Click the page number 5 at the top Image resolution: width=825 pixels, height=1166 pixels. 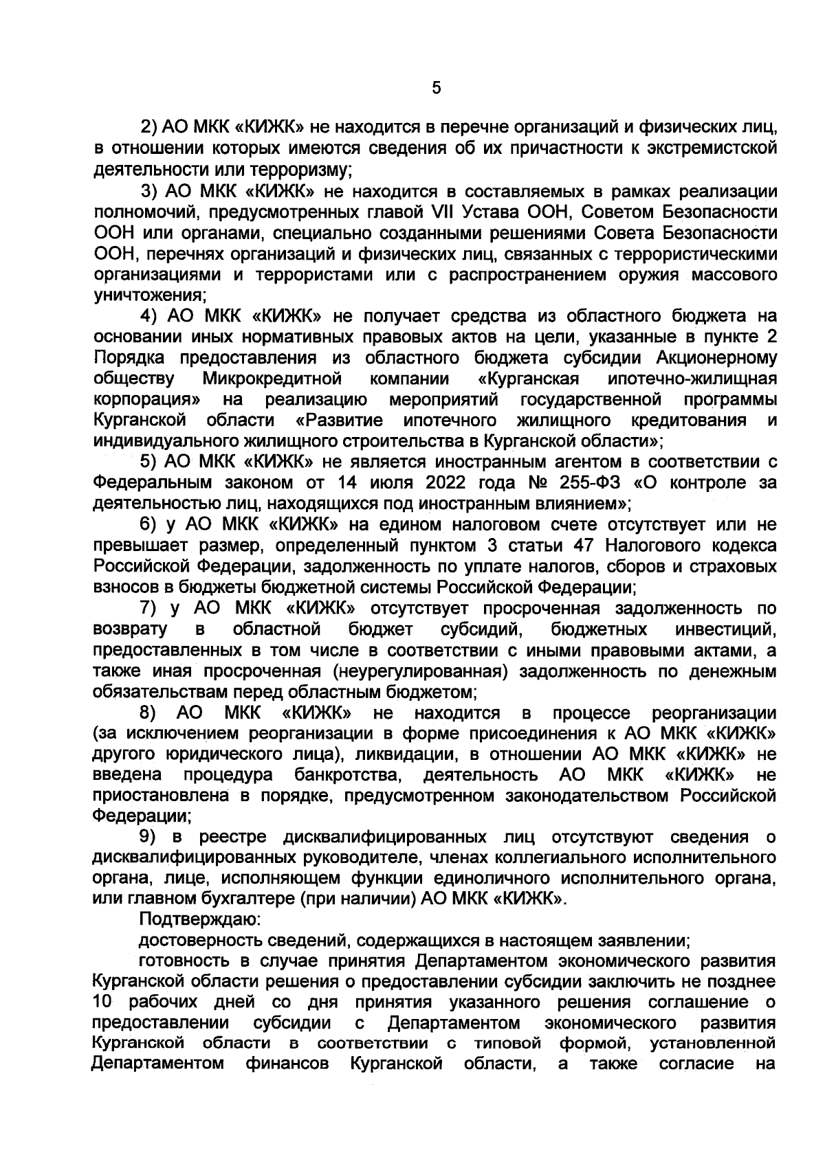pos(434,89)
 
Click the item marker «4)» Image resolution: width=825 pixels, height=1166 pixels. pos(149,316)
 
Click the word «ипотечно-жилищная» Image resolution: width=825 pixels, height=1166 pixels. pos(693,379)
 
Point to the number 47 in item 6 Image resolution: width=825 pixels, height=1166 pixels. pos(580,546)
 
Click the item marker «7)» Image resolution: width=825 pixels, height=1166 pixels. pos(149,608)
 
